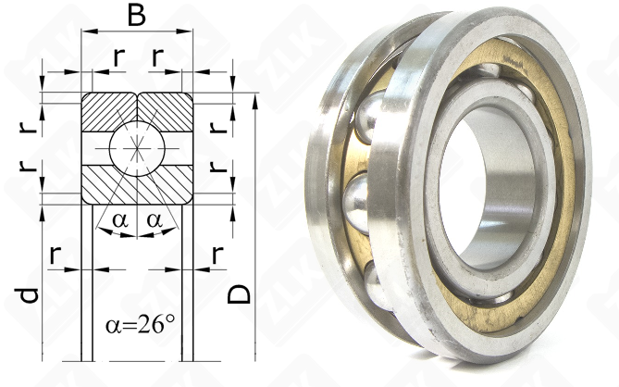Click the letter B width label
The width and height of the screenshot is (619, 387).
click(x=137, y=17)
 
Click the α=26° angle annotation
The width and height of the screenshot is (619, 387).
click(x=140, y=325)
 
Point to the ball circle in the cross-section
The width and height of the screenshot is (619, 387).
click(x=137, y=148)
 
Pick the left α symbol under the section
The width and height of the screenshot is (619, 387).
click(x=120, y=220)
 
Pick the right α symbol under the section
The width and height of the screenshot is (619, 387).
click(x=155, y=220)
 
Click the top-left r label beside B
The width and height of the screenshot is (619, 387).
click(x=118, y=56)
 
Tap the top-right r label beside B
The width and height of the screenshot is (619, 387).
click(x=157, y=56)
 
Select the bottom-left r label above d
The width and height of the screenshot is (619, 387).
click(x=56, y=255)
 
